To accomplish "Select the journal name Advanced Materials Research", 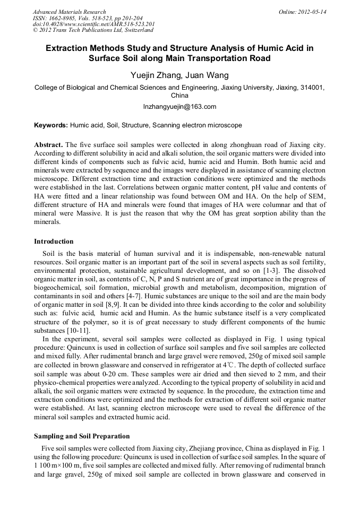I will coord(70,12).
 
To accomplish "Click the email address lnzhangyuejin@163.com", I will coord(179,107).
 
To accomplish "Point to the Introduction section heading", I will coord(54,241).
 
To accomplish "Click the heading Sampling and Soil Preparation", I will coord(82,436).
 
